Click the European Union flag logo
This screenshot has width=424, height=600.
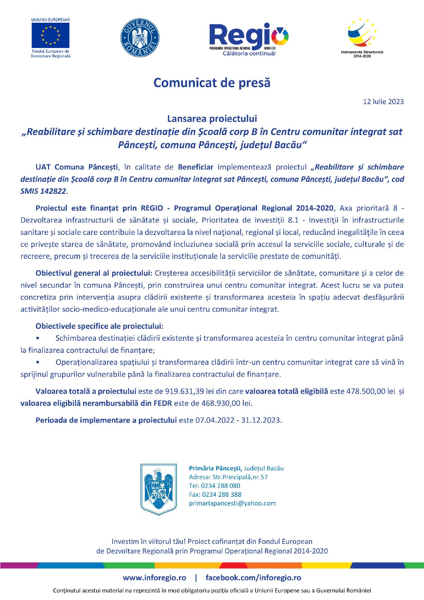click(50, 35)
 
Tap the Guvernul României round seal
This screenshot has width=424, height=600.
click(140, 37)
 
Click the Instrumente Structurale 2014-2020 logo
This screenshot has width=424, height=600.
click(362, 37)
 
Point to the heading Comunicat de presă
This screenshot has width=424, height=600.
click(212, 83)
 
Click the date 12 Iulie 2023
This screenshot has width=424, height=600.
click(383, 102)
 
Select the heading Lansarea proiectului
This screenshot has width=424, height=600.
click(212, 119)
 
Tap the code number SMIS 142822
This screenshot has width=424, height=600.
click(43, 191)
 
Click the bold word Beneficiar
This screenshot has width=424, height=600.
click(196, 167)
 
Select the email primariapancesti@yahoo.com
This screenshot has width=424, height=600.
click(232, 503)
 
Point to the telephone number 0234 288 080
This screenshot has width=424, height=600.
click(220, 486)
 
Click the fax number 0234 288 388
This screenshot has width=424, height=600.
click(221, 494)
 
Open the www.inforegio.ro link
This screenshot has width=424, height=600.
click(154, 578)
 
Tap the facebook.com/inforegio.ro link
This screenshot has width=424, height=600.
click(253, 578)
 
